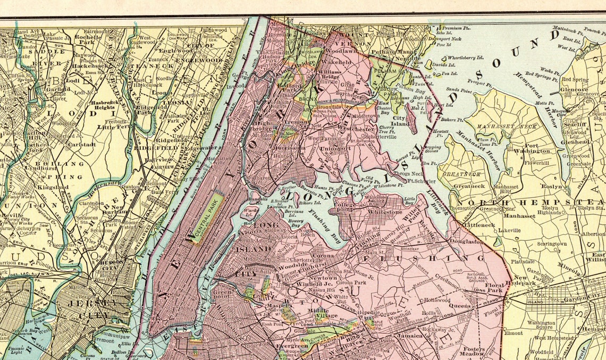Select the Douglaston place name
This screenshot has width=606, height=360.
click(x=467, y=241)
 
